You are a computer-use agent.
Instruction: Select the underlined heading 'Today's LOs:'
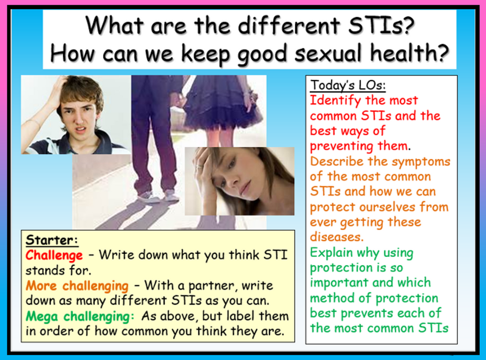pos(348,85)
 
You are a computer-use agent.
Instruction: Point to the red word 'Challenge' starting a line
pos(54,256)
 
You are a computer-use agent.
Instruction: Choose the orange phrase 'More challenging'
pos(77,286)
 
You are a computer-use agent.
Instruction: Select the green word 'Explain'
pos(332,253)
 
